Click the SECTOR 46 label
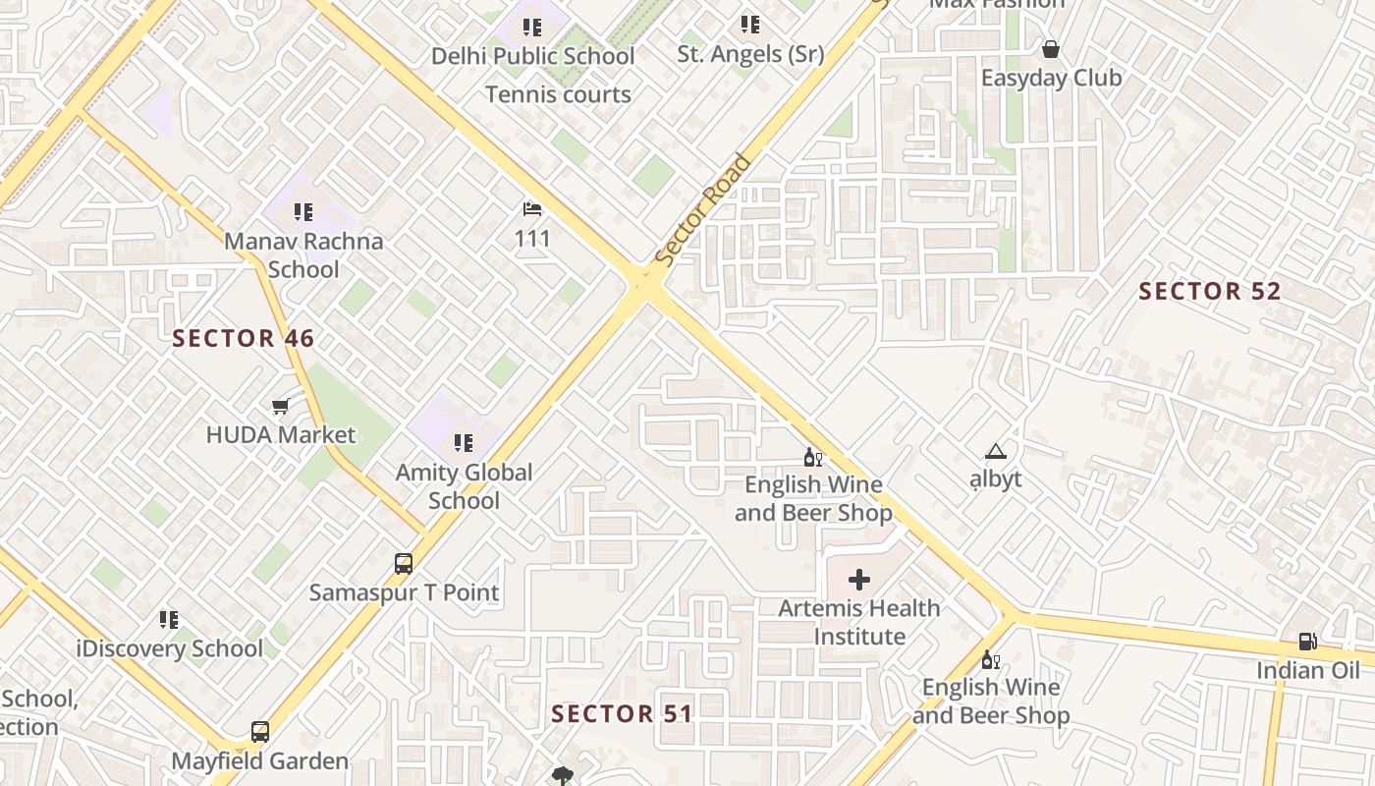point(244,339)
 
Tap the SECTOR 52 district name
point(1210,291)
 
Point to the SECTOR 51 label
point(622,713)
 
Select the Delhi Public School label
point(532,56)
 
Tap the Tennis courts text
point(558,94)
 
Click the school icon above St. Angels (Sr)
point(750,25)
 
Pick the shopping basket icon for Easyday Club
point(1051,49)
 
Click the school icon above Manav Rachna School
point(303,211)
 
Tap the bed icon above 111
point(532,209)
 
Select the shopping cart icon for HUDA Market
point(281,405)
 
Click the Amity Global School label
point(464,486)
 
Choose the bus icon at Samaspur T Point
point(404,564)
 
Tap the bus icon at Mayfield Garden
point(260,732)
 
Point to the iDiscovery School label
point(170,648)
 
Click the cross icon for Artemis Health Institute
point(859,580)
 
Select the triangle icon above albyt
point(996,452)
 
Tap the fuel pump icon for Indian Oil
point(1308,642)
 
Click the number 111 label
point(532,239)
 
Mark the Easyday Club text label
point(1051,78)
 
